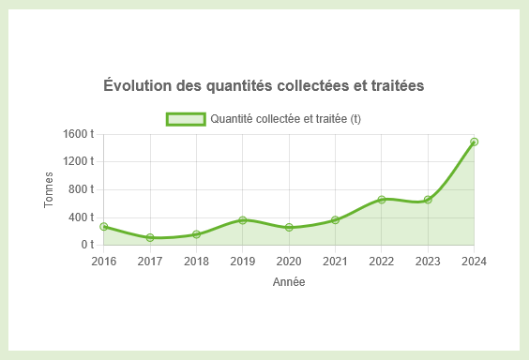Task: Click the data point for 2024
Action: click(475, 142)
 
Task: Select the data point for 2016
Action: click(104, 227)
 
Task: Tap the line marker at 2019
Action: click(243, 220)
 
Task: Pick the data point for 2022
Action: click(382, 200)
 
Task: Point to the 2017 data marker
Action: click(150, 238)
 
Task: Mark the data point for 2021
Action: click(335, 220)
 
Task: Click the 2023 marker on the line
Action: click(428, 200)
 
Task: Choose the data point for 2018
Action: click(196, 234)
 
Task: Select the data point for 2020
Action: click(289, 228)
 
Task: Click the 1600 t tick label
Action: click(79, 134)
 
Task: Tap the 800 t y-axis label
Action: click(82, 189)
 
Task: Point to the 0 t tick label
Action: click(87, 245)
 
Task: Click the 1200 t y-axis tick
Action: click(79, 161)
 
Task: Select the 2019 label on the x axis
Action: click(243, 261)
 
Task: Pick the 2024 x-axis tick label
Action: click(474, 261)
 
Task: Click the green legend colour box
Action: click(185, 119)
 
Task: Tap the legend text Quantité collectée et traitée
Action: click(286, 119)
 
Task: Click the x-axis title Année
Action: click(289, 281)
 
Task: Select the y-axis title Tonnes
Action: click(50, 189)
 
